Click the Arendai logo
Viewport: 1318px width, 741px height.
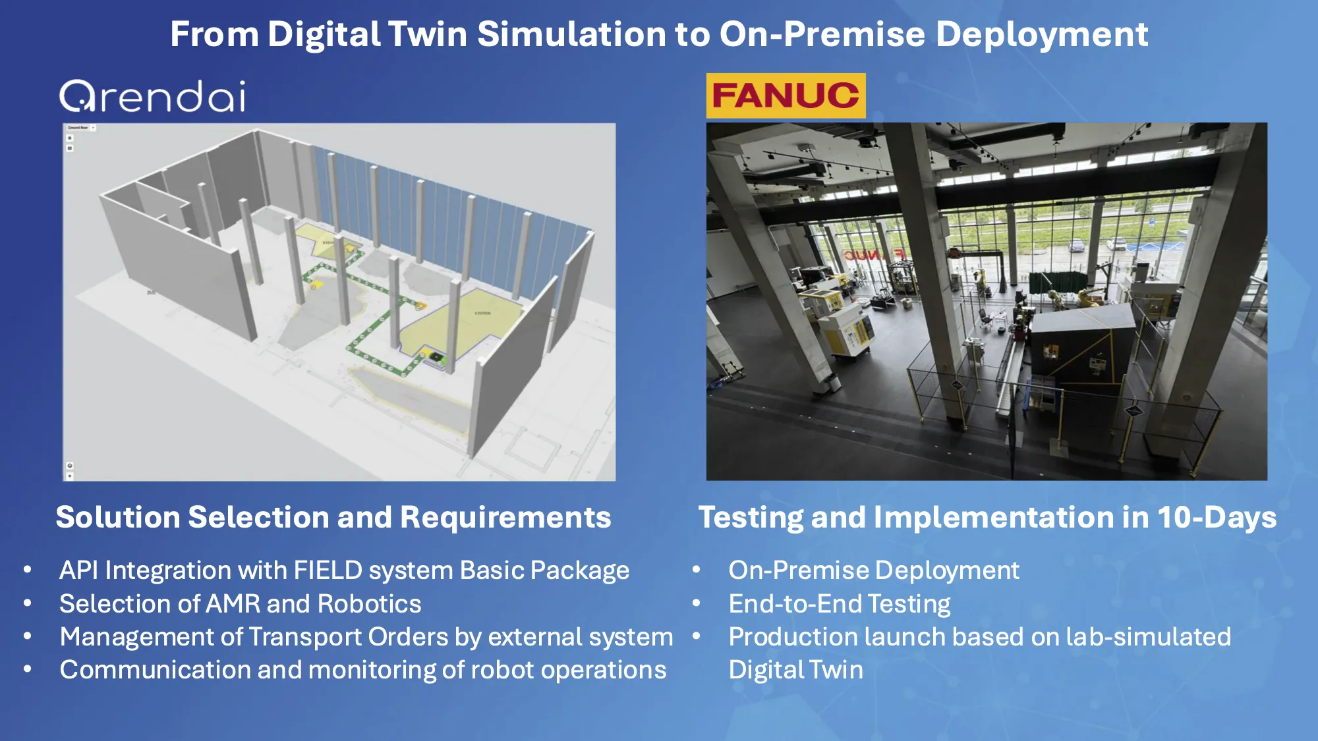click(152, 96)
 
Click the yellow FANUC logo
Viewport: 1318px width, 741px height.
click(786, 96)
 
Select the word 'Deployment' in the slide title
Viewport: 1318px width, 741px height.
click(1041, 34)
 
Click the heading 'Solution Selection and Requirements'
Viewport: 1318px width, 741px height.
click(333, 518)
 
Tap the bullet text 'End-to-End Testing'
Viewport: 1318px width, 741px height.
click(839, 604)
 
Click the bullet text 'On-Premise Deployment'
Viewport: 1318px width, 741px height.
click(874, 570)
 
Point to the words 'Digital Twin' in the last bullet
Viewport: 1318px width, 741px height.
click(795, 670)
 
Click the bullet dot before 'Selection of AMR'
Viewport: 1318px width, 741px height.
click(28, 603)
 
